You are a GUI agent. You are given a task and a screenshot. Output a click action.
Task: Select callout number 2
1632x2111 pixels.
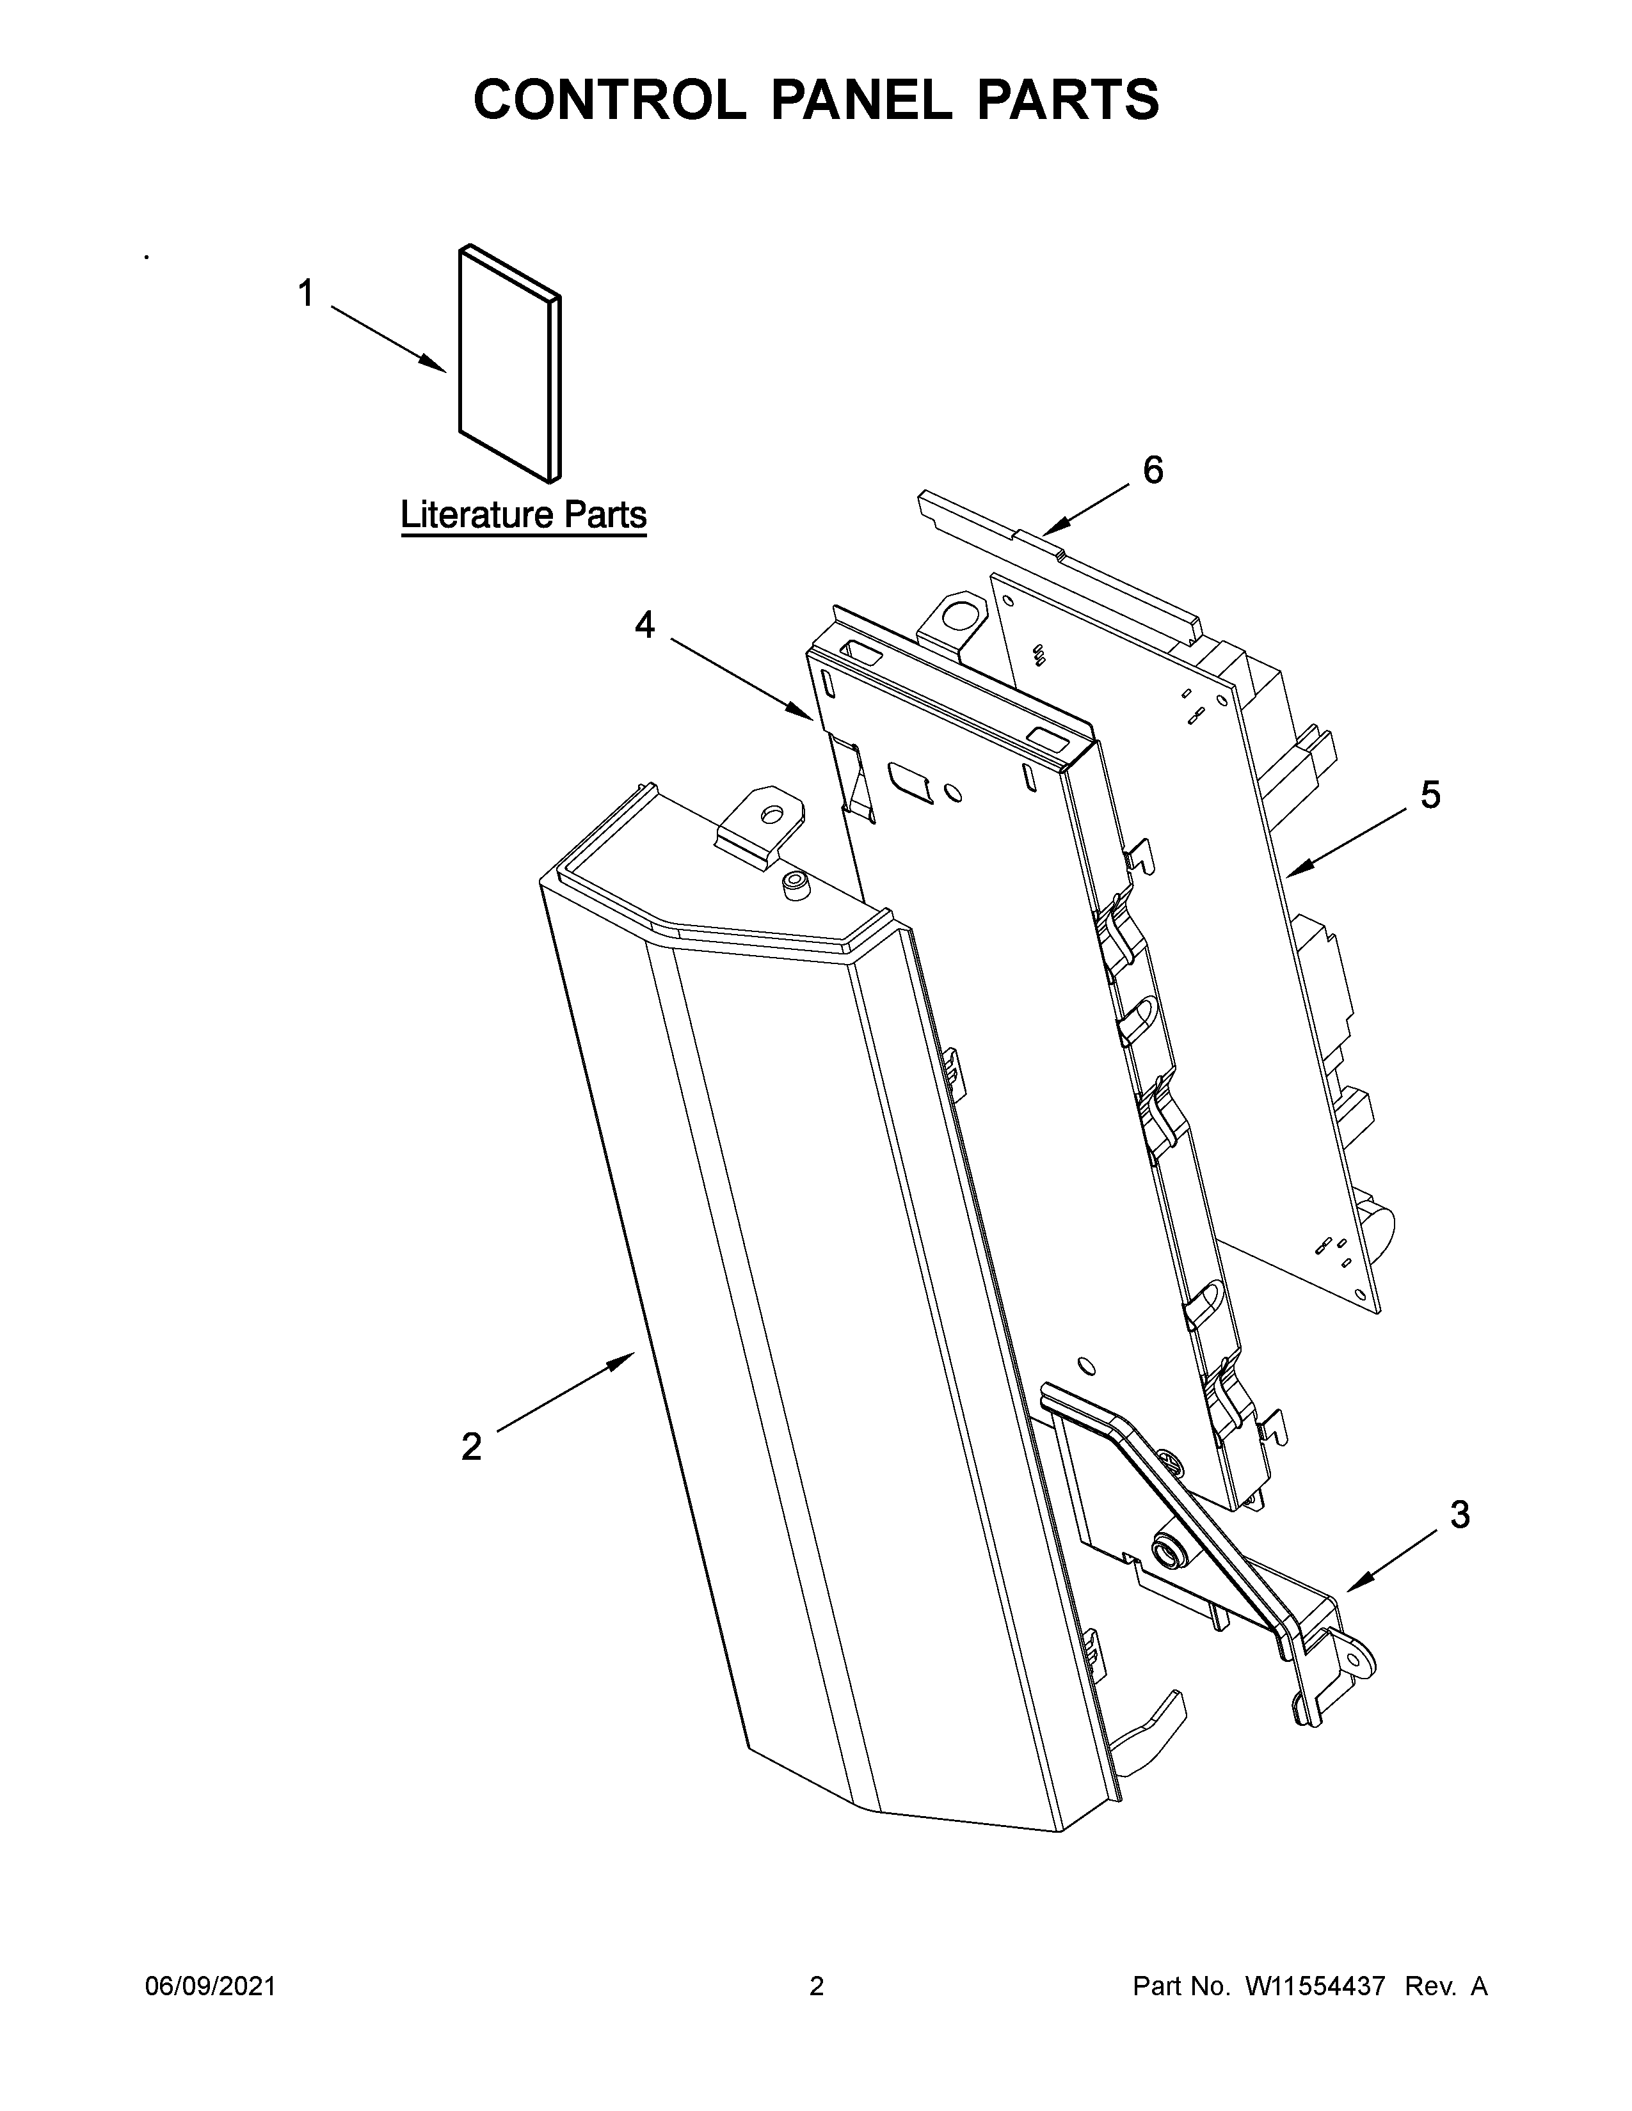pyautogui.click(x=471, y=1447)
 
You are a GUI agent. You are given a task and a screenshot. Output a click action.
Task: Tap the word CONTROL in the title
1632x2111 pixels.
pyautogui.click(x=609, y=100)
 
